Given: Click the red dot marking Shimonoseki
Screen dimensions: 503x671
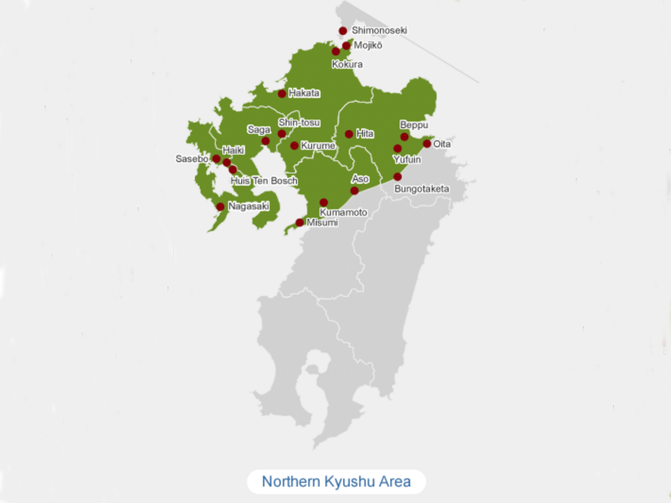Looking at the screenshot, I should [342, 31].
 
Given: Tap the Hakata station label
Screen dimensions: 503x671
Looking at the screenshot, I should [304, 93].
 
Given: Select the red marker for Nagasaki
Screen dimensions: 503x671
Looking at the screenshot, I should [220, 207].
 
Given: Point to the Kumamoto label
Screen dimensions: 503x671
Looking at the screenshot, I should [343, 212].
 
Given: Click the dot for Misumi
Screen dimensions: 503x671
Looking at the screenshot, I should [300, 223].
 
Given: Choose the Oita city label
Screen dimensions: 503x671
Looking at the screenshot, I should [442, 144].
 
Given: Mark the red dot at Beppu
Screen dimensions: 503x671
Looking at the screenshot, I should [404, 137].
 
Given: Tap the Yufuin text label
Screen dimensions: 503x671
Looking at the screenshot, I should [406, 159].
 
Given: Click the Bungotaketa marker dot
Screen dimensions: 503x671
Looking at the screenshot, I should [398, 177].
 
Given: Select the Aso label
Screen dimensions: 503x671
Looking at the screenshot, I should [360, 180].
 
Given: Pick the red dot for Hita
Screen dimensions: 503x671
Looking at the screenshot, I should [349, 134].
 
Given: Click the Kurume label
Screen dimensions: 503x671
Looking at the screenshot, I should [318, 145].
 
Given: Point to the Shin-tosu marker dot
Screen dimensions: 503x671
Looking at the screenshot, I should [282, 134].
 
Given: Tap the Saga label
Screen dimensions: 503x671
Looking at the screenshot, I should [259, 129].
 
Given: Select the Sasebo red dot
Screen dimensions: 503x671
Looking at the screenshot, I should [217, 159].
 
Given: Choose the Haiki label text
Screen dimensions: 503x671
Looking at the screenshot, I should [233, 150].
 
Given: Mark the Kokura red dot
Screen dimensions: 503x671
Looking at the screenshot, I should [336, 52].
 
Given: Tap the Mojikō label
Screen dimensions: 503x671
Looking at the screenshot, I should [368, 45].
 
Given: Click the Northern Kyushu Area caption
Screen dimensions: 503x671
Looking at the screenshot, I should [335, 481].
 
